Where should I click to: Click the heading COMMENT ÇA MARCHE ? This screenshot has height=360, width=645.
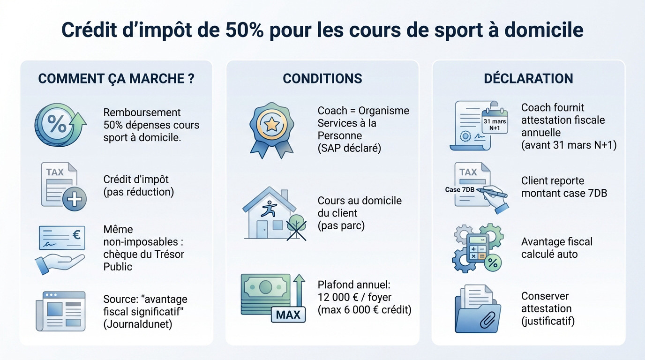pyautogui.click(x=116, y=79)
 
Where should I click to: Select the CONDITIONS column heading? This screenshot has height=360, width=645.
pyautogui.click(x=322, y=79)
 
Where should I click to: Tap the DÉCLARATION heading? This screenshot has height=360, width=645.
pyautogui.click(x=528, y=79)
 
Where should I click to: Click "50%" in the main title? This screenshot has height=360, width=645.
pyautogui.click(x=244, y=30)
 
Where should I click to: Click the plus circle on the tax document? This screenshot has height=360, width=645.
pyautogui.click(x=74, y=199)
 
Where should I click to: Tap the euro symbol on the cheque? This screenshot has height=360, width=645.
pyautogui.click(x=76, y=235)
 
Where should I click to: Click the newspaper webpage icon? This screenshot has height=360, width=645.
pyautogui.click(x=60, y=311)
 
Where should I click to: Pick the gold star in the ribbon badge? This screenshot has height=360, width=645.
pyautogui.click(x=271, y=125)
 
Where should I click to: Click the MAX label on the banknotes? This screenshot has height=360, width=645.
pyautogui.click(x=288, y=315)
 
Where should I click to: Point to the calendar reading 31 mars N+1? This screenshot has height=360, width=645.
pyautogui.click(x=495, y=121)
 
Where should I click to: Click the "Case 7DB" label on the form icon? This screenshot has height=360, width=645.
pyautogui.click(x=459, y=190)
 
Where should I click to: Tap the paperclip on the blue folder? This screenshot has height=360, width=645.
pyautogui.click(x=488, y=319)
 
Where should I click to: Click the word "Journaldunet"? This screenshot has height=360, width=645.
pyautogui.click(x=137, y=324)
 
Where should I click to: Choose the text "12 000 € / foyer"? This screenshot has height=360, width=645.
pyautogui.click(x=354, y=297)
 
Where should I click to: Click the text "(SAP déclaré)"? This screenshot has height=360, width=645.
pyautogui.click(x=349, y=148)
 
